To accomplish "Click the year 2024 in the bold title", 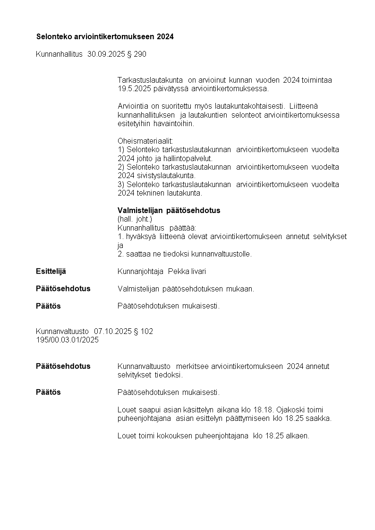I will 165,36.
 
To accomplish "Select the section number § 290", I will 136,54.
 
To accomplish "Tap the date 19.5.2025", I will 133,88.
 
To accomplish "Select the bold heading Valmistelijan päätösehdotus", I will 169,210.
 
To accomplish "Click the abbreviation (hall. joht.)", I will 135,219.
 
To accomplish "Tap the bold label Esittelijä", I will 51,271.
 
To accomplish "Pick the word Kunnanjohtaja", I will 140,272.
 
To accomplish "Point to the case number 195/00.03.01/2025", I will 67,340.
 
